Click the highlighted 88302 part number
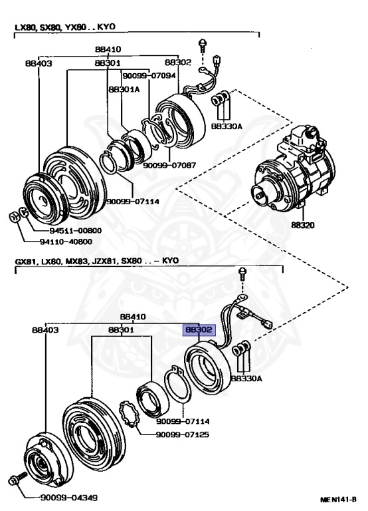click(x=199, y=330)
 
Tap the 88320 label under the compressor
click(x=303, y=225)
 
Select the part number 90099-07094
click(x=149, y=76)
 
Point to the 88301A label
click(x=124, y=89)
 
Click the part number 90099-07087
click(x=169, y=165)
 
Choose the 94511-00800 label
click(x=76, y=230)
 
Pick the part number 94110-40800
click(x=66, y=242)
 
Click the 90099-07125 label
click(x=183, y=434)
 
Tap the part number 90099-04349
click(x=68, y=498)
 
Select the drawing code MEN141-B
click(x=338, y=499)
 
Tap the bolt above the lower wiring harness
click(x=242, y=273)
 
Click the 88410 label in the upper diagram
click(x=108, y=49)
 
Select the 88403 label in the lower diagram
click(x=45, y=330)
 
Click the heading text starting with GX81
click(x=97, y=261)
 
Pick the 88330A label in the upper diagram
click(x=227, y=126)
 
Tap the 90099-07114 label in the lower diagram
click(x=183, y=421)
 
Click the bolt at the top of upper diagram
click(x=203, y=46)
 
